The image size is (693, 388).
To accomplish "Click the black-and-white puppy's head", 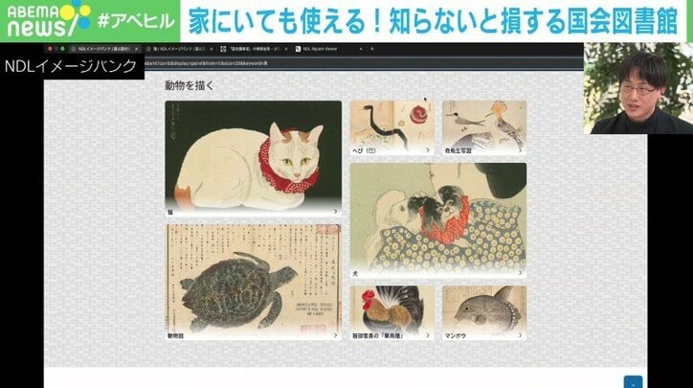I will click(424, 204).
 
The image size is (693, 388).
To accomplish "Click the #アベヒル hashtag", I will click(135, 21).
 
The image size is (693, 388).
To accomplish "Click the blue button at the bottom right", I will click(632, 381).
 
